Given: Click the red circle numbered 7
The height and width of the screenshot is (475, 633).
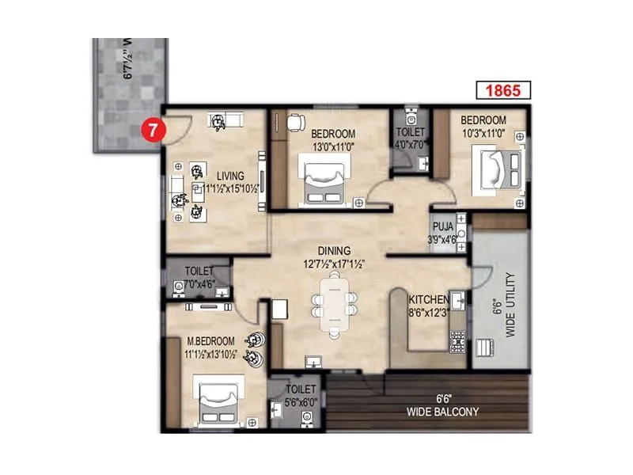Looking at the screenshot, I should click(x=152, y=129).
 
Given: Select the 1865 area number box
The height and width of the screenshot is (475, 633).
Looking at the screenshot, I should click(x=502, y=90).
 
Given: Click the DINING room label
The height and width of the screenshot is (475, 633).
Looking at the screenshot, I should click(x=332, y=249).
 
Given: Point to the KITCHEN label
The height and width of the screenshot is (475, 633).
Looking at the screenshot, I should click(x=428, y=300).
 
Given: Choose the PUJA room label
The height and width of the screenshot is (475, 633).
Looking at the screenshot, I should click(x=443, y=226).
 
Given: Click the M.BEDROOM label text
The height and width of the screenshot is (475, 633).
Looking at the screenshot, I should click(x=208, y=341).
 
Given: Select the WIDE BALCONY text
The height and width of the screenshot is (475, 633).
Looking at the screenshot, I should click(x=442, y=412).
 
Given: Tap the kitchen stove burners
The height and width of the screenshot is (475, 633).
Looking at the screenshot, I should click(x=458, y=341).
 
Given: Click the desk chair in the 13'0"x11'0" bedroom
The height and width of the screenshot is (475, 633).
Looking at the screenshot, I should click(x=295, y=122).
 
